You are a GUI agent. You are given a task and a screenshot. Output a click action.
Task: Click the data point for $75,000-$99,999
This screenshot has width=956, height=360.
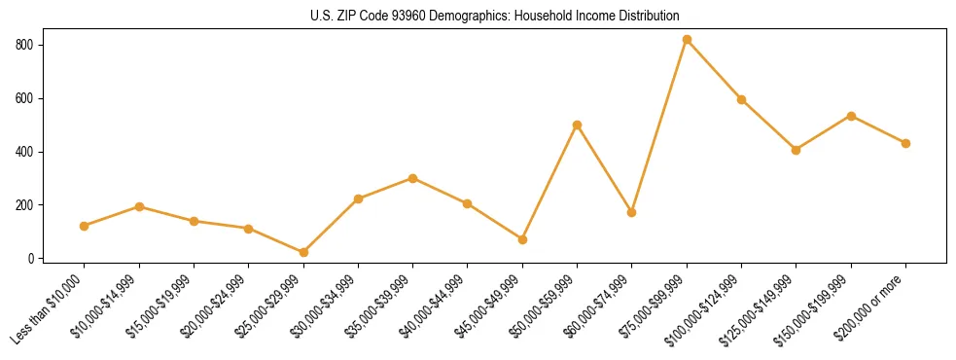pyautogui.click(x=687, y=40)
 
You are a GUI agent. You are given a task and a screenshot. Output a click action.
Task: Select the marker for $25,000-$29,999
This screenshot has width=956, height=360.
pyautogui.click(x=303, y=252)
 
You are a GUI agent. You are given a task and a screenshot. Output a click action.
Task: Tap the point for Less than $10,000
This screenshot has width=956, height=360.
pyautogui.click(x=85, y=226)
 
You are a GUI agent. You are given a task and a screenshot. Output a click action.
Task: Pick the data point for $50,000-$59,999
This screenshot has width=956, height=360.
pyautogui.click(x=578, y=125)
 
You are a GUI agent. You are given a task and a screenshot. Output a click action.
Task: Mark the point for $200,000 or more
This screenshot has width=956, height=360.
pyautogui.click(x=905, y=143)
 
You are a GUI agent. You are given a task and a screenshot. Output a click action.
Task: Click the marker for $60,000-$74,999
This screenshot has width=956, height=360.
pyautogui.click(x=632, y=212)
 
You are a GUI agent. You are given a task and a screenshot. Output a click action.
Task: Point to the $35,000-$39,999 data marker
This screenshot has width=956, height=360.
pyautogui.click(x=413, y=178)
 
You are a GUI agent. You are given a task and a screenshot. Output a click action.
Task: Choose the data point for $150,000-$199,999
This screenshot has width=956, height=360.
pyautogui.click(x=851, y=116)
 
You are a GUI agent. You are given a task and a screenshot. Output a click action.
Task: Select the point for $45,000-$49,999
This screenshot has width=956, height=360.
pyautogui.click(x=522, y=239)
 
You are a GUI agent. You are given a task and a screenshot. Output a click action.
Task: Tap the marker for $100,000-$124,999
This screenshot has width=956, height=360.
pyautogui.click(x=741, y=99)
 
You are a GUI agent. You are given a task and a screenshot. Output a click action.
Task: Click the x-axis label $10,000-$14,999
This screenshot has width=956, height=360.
pyautogui.click(x=109, y=305)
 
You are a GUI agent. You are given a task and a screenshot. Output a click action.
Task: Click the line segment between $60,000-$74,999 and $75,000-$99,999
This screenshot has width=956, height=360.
pyautogui.click(x=659, y=126)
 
